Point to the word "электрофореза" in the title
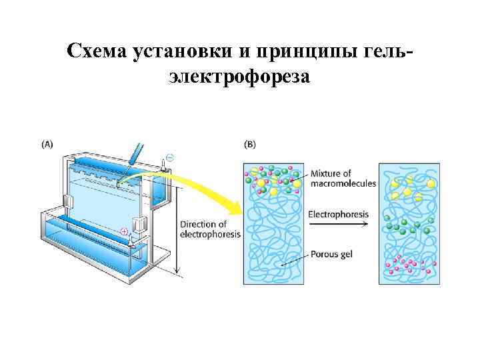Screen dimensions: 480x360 tap(239, 77)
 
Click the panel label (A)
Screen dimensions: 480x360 tap(48, 143)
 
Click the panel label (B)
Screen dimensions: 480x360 tap(250, 143)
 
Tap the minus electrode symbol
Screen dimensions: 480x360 tap(169, 157)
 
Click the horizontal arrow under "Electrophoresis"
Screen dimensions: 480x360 tap(339, 225)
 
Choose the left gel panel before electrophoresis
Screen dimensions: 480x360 tap(273, 223)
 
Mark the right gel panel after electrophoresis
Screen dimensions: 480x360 tap(408, 223)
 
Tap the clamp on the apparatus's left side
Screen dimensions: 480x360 tap(67, 201)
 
